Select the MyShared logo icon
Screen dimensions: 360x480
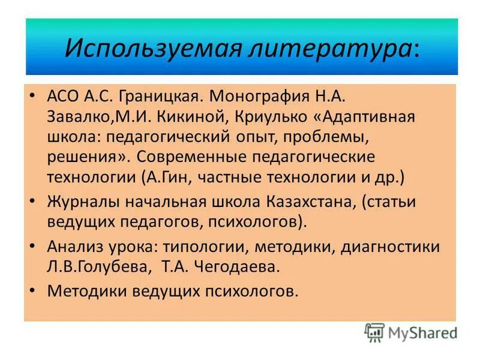374,332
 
